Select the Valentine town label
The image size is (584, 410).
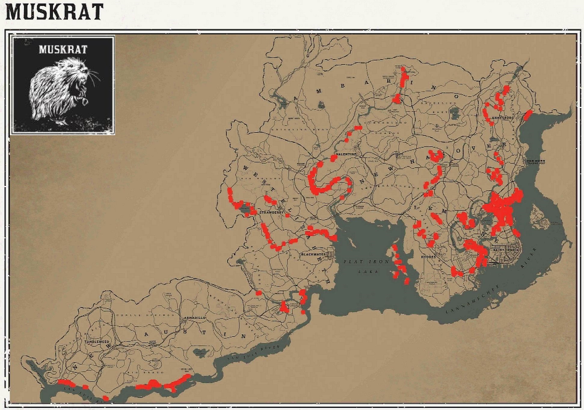[x=346, y=154]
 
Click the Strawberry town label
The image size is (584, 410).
[x=272, y=213]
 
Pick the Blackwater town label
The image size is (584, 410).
[x=314, y=254]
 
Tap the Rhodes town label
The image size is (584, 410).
[x=428, y=257]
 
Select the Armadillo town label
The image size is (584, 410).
[x=195, y=318]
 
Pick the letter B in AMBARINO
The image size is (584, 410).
[x=343, y=86]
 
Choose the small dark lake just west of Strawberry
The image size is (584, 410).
[x=244, y=209]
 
